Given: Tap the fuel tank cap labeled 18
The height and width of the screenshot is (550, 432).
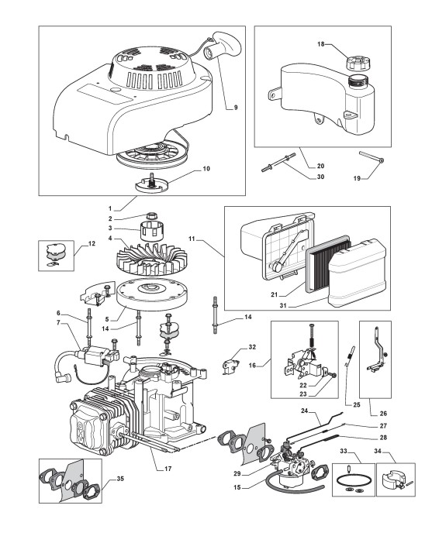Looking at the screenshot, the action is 357,64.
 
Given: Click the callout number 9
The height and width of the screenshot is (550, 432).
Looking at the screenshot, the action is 235,108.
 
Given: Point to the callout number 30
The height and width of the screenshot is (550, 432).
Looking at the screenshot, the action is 320,177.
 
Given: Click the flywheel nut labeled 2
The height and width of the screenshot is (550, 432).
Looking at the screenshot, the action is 152,215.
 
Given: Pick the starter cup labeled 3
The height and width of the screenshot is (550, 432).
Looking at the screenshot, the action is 153,230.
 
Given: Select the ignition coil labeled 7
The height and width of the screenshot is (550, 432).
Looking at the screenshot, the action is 99,357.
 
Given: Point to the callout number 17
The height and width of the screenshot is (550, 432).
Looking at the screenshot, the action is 168,468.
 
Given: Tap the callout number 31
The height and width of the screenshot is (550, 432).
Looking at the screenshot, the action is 283,305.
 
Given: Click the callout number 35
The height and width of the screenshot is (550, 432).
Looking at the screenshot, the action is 120,479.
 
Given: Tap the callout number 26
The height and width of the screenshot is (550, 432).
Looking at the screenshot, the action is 383,414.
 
